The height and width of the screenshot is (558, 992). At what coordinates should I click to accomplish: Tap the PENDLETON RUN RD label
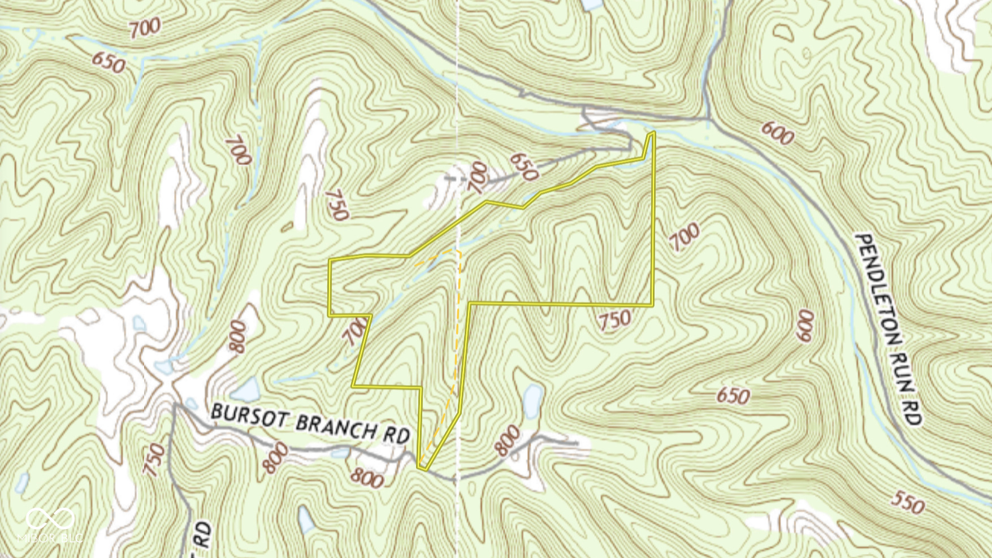pyautogui.click(x=889, y=329)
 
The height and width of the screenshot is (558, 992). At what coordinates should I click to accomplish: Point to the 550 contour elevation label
pyautogui.click(x=907, y=502)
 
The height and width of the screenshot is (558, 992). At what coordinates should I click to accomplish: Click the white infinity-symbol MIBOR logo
pyautogui.click(x=50, y=518)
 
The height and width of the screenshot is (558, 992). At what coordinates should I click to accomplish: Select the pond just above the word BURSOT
pyautogui.click(x=246, y=390)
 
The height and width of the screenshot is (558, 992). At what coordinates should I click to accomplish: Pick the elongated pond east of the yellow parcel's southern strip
pyautogui.click(x=532, y=401)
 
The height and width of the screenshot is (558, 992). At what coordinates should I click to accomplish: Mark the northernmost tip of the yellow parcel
pyautogui.click(x=652, y=133)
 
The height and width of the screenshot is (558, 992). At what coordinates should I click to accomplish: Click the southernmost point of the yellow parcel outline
pyautogui.click(x=422, y=468)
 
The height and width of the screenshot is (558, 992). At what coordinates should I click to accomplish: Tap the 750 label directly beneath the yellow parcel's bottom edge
pyautogui.click(x=614, y=321)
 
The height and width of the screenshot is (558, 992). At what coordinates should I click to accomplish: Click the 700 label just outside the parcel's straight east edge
pyautogui.click(x=684, y=237)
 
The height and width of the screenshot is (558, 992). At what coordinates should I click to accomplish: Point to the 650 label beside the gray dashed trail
pyautogui.click(x=523, y=166)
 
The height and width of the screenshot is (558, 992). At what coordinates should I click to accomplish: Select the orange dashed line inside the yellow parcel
pyautogui.click(x=457, y=339)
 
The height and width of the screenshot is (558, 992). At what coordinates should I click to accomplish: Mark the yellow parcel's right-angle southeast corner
pyautogui.click(x=653, y=305)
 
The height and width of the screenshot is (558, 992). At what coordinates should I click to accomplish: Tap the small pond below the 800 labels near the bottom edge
pyautogui.click(x=306, y=519)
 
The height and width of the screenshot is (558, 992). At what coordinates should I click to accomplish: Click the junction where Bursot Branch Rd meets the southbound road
pyautogui.click(x=175, y=405)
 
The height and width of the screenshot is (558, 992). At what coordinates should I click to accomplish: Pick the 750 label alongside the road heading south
pyautogui.click(x=154, y=460)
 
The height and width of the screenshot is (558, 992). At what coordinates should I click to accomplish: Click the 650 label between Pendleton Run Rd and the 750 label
pyautogui.click(x=733, y=396)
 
